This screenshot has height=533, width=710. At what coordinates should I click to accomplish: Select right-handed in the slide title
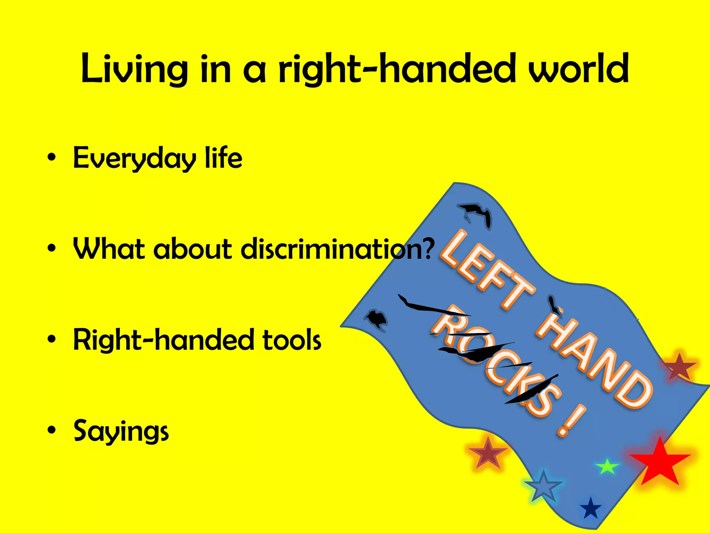397,69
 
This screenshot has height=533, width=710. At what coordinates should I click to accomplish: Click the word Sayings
121,431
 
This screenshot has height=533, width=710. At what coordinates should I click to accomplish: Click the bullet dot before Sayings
52,430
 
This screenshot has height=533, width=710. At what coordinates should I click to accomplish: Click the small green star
607,467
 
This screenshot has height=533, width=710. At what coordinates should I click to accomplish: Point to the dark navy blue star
591,509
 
